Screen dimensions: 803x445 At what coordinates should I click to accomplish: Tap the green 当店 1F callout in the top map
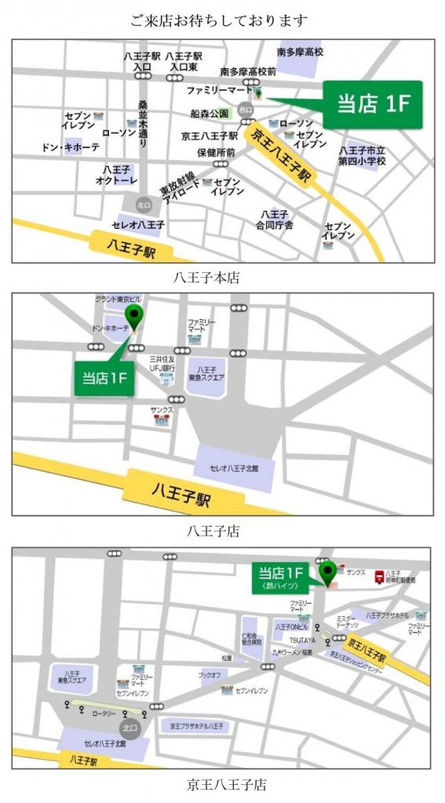coord(374,104)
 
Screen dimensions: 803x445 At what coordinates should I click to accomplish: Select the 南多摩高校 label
coord(300,53)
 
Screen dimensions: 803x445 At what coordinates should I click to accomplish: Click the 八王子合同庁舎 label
coord(277,220)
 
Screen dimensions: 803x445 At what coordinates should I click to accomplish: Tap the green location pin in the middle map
coord(136,318)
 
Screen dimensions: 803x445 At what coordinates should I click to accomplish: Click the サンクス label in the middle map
coord(162,409)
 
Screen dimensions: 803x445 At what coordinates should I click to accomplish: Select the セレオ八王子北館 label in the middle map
coord(233,468)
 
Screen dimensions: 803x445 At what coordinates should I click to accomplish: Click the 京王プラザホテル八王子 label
coord(197,727)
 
